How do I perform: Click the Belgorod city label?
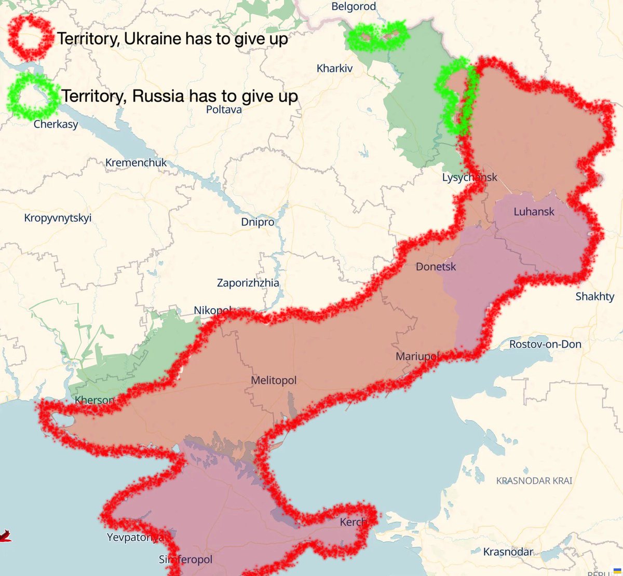pyautogui.click(x=354, y=7)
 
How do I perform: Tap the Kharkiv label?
pyautogui.click(x=334, y=68)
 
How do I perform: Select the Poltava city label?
pyautogui.click(x=224, y=109)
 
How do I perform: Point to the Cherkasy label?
pyautogui.click(x=56, y=125)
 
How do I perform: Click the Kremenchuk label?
pyautogui.click(x=136, y=163)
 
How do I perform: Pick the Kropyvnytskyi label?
pyautogui.click(x=58, y=218)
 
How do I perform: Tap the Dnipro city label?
pyautogui.click(x=258, y=222)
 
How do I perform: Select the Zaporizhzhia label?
pyautogui.click(x=248, y=283)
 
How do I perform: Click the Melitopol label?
pyautogui.click(x=274, y=380)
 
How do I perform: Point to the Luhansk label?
pyautogui.click(x=534, y=212)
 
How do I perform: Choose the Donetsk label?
pyautogui.click(x=436, y=267)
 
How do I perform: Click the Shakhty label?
pyautogui.click(x=594, y=297)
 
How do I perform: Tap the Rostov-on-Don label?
pyautogui.click(x=545, y=345)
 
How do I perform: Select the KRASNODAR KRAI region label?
pyautogui.click(x=534, y=481)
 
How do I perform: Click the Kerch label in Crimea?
pyautogui.click(x=353, y=522)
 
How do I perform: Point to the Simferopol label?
pyautogui.click(x=185, y=560)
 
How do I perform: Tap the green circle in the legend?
pyautogui.click(x=33, y=96)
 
